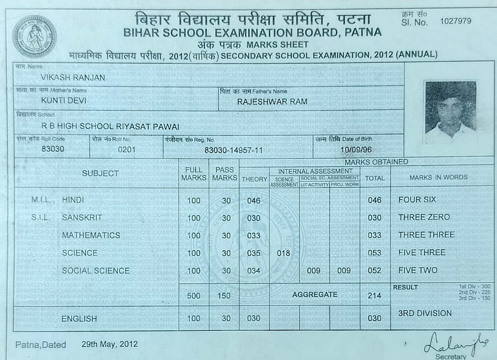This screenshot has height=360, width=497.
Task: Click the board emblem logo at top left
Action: (34, 37)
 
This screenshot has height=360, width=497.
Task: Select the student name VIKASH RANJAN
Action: (73, 78)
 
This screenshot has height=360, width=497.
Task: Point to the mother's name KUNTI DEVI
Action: (64, 101)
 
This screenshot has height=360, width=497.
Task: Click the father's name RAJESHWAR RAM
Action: (272, 101)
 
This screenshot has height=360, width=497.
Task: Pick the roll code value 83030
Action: (53, 149)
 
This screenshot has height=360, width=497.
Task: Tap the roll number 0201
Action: (127, 149)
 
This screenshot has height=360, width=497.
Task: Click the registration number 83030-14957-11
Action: (234, 150)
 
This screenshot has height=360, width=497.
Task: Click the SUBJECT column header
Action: (101, 173)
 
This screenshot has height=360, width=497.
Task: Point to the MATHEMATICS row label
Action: (91, 235)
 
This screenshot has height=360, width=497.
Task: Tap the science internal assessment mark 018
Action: (283, 253)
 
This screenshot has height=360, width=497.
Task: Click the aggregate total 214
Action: (374, 295)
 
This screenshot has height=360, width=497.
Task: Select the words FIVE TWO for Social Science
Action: (418, 270)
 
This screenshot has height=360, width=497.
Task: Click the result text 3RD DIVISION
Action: (425, 314)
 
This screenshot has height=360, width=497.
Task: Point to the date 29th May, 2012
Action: (109, 344)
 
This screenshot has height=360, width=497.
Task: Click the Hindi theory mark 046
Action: (254, 201)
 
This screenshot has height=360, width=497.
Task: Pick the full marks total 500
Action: (194, 296)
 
